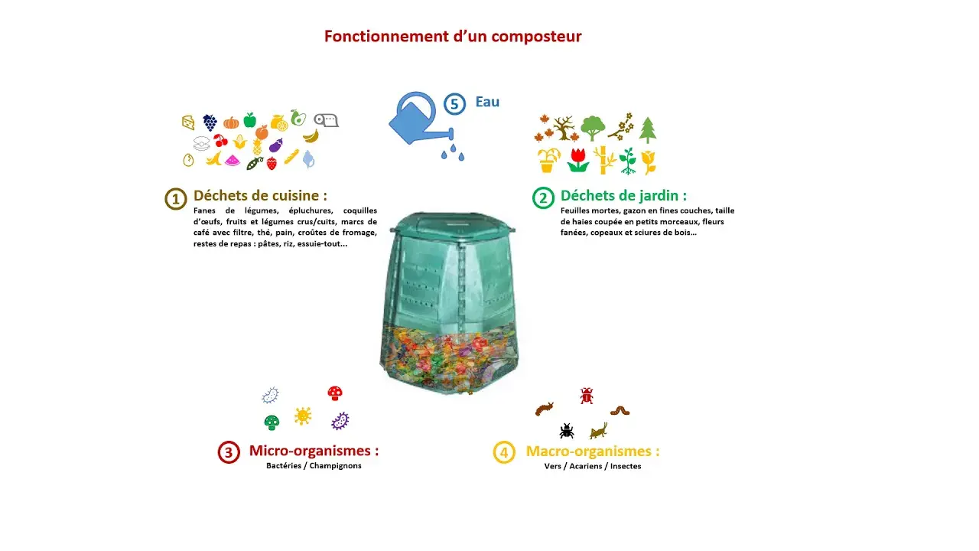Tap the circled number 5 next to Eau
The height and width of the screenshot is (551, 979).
coord(454,103)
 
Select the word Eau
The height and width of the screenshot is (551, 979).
coord(487,102)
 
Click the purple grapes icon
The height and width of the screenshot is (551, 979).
coord(210,122)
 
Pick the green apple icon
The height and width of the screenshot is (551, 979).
coord(249,119)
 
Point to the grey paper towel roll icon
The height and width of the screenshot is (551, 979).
coord(327,120)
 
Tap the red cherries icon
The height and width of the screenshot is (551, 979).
coord(220,141)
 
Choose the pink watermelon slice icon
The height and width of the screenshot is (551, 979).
coord(233,161)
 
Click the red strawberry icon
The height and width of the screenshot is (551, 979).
coord(272,162)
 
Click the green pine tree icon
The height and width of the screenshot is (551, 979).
coord(648,130)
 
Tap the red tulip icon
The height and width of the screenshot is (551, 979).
coord(578,160)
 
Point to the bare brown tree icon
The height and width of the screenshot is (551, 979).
coord(565,129)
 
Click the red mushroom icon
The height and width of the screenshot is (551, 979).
coord(334,393)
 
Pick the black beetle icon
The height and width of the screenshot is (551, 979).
coord(567,430)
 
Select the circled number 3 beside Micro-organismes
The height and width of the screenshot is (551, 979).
coord(229,452)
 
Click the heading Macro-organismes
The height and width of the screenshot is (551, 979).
coord(592,451)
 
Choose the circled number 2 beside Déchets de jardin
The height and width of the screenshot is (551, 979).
coord(543,198)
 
